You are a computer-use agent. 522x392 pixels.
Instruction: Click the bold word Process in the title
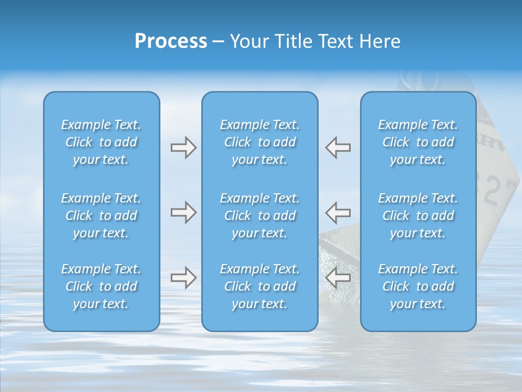point(171,41)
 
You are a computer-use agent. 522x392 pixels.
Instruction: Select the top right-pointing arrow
point(183,148)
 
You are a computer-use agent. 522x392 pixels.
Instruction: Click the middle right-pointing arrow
point(183,212)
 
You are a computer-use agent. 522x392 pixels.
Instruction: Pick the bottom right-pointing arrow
point(183,278)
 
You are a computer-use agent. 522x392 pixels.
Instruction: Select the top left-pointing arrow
point(338,148)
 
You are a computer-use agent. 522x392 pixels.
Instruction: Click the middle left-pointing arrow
point(338,212)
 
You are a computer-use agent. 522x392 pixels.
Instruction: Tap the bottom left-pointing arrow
point(338,278)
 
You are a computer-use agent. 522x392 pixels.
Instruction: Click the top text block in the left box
point(101,142)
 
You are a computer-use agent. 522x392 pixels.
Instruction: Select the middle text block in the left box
point(101,216)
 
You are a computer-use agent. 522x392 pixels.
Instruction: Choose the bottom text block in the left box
point(101,286)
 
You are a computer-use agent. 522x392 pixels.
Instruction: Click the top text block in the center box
point(260,142)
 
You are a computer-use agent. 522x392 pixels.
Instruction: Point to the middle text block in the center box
point(260,216)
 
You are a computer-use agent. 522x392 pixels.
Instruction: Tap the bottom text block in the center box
point(260,286)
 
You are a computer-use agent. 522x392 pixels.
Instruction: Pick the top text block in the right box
point(418,142)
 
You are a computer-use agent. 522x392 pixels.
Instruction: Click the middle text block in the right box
point(418,216)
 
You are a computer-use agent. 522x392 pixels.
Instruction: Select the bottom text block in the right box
point(418,286)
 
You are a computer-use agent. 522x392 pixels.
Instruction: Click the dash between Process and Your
point(218,42)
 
